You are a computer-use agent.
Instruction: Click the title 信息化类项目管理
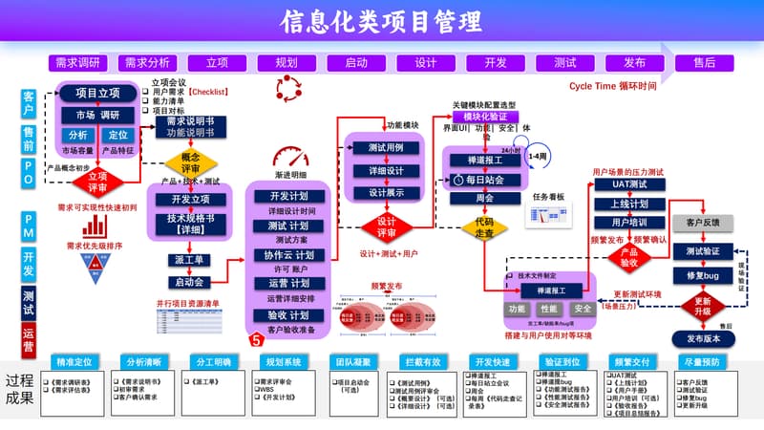tap(381, 21)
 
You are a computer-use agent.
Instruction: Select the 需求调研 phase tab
tap(77, 62)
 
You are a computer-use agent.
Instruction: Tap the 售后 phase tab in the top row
tap(704, 62)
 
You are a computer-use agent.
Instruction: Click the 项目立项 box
tap(97, 93)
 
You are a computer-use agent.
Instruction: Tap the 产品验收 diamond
tap(629, 256)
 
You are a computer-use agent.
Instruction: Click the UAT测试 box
tap(629, 183)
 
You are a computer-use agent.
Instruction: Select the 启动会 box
tap(190, 282)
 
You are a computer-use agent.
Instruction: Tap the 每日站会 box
tap(484, 179)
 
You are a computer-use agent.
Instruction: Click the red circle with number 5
tap(255, 338)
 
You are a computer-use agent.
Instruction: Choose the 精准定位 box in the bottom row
tap(74, 363)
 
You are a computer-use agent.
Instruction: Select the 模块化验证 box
tap(484, 116)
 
